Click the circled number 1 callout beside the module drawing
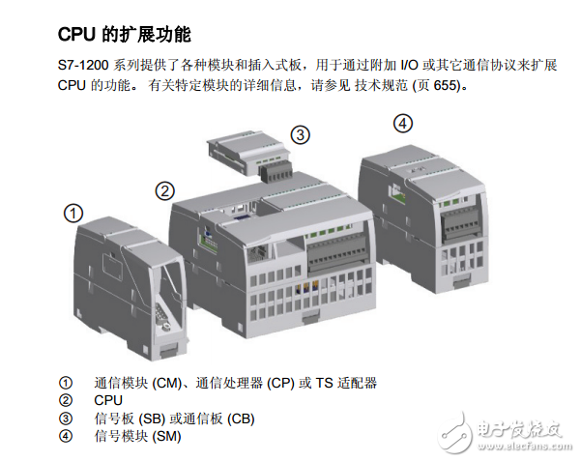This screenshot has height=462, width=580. [73, 213]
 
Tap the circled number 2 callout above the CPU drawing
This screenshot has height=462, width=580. [164, 190]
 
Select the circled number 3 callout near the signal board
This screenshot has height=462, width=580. [300, 135]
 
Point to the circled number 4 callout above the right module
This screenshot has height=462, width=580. [402, 123]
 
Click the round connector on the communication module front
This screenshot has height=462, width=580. [165, 327]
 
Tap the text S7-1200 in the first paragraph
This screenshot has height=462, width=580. [83, 66]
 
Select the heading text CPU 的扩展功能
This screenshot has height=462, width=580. [125, 35]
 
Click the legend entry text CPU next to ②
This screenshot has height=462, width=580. [108, 400]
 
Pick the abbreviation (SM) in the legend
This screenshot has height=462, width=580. [166, 437]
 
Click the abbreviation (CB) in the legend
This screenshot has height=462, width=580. [241, 419]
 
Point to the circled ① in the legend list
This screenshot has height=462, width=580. [66, 383]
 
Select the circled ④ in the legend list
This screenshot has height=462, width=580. [66, 436]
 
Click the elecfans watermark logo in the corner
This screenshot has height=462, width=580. [505, 432]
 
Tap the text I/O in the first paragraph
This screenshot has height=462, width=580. [409, 66]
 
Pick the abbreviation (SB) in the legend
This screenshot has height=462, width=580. [152, 419]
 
